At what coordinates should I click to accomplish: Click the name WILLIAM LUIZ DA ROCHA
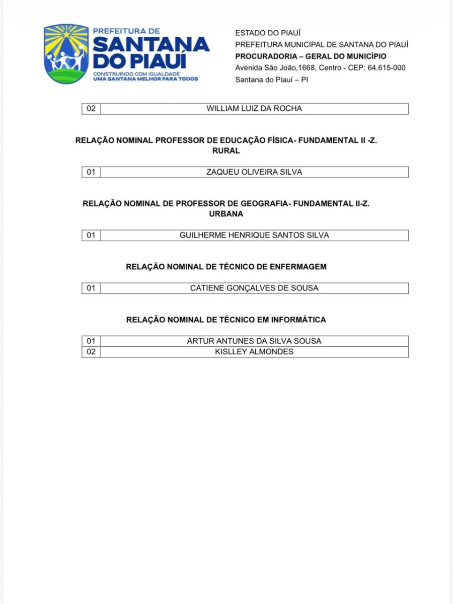click(254, 109)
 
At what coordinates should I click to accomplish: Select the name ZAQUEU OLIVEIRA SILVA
click(254, 172)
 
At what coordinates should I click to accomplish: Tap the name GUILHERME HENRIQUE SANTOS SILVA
click(254, 235)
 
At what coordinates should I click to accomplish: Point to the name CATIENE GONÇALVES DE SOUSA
click(254, 288)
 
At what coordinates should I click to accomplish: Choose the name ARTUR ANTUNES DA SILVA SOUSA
click(254, 341)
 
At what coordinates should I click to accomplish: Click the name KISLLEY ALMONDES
click(254, 352)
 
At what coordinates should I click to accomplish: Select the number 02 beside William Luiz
click(91, 109)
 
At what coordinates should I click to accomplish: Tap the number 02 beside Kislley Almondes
click(91, 352)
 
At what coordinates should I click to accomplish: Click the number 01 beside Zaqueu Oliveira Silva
click(91, 172)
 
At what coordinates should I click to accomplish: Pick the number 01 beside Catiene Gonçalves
click(91, 288)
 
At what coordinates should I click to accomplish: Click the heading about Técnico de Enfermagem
click(226, 267)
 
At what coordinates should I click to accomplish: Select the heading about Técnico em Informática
click(226, 320)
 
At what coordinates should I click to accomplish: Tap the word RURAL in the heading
click(226, 150)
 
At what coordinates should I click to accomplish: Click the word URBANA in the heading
click(226, 214)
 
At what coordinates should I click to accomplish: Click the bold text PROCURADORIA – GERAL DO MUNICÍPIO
click(311, 56)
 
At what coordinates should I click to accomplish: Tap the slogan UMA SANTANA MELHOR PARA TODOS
click(146, 79)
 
